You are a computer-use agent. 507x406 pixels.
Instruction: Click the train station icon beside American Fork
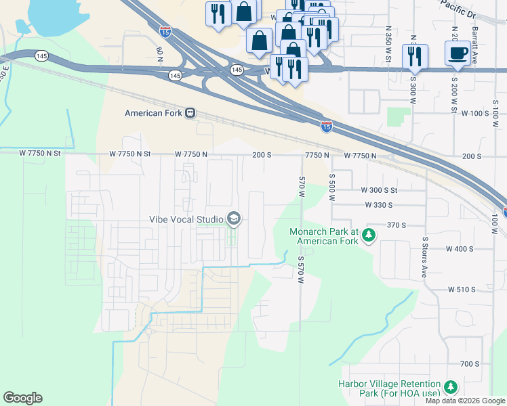tap(190, 113)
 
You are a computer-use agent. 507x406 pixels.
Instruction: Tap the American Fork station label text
tap(153, 113)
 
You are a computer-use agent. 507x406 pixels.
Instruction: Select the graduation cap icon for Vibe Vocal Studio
tap(234, 218)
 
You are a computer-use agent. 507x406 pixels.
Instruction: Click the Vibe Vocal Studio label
tap(186, 219)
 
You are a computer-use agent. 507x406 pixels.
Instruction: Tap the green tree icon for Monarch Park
tap(368, 235)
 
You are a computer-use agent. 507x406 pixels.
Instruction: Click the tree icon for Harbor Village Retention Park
tap(450, 387)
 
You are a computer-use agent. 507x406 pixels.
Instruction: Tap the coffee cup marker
tap(457, 53)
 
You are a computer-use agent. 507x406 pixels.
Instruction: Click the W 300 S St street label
tap(388, 191)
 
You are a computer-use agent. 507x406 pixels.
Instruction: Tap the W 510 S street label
tap(462, 289)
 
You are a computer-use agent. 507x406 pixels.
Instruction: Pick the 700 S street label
tap(470, 363)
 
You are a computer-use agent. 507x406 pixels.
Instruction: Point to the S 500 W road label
tap(332, 185)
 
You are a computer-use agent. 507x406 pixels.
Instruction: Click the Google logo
tap(22, 398)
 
